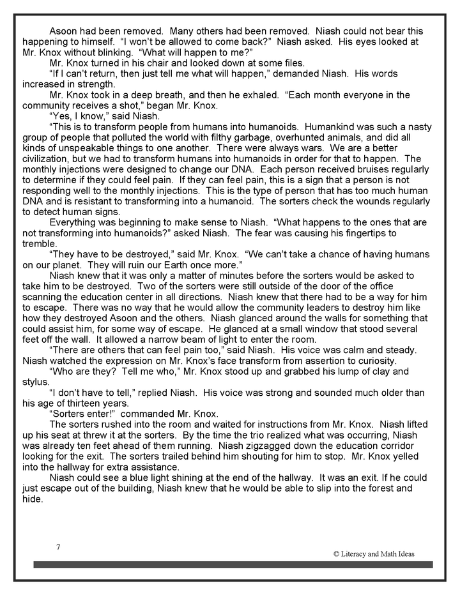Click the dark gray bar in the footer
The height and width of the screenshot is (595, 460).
point(233,564)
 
